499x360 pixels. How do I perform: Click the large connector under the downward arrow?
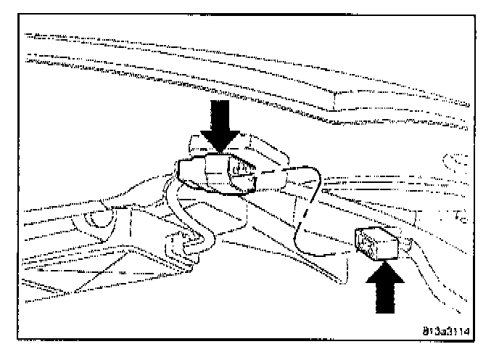coord(221,171)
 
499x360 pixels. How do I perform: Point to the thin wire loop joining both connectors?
coord(308,210)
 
